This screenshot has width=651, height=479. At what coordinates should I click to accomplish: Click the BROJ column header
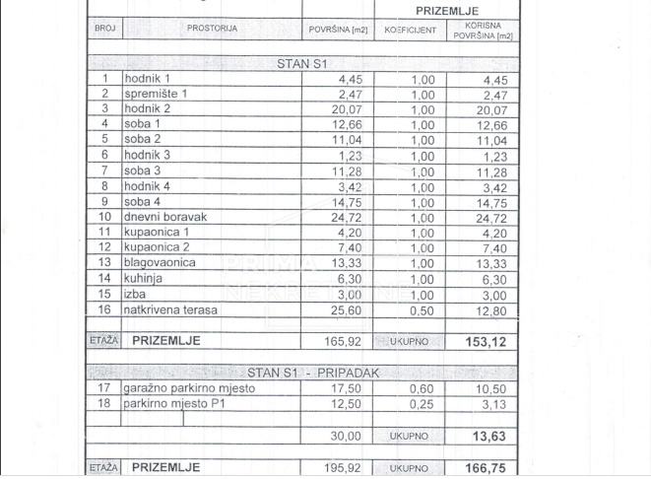[x=104, y=29]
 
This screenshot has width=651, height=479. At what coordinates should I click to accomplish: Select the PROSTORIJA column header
[x=212, y=29]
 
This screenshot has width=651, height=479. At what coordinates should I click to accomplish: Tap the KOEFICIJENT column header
[x=411, y=31]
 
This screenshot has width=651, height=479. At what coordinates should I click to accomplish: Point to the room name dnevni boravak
[x=166, y=217]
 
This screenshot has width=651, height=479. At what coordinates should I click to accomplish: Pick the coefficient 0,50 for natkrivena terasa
[x=422, y=310]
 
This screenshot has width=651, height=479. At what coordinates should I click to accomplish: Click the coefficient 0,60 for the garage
[x=422, y=389]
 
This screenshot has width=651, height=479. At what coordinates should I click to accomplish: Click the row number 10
[x=104, y=217]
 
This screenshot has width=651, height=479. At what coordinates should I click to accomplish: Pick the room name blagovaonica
[x=160, y=263]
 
